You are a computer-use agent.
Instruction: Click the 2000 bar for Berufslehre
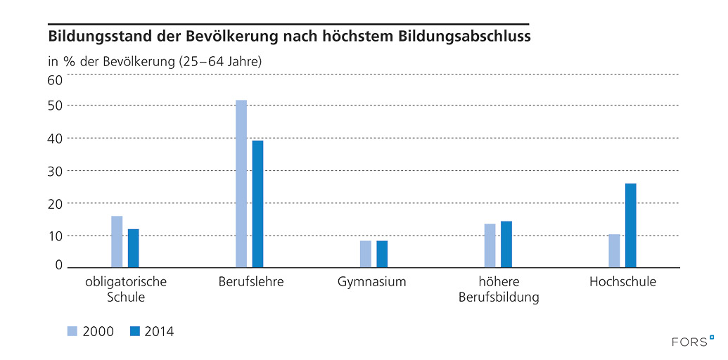[241, 184]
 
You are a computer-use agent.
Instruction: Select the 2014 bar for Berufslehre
[257, 204]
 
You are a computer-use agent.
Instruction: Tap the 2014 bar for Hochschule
[630, 225]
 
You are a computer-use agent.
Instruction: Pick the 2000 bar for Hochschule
[614, 250]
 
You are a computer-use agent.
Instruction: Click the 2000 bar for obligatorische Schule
[117, 241]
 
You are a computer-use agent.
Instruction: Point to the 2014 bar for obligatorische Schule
[133, 247]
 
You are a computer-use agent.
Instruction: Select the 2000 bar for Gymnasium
[366, 254]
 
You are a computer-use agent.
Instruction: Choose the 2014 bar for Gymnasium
[382, 254]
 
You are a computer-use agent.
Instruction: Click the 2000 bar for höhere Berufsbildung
[490, 245]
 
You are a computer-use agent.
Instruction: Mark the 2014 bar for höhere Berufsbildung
[506, 244]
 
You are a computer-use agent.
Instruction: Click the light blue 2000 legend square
[72, 331]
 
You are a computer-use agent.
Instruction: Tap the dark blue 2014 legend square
[134, 331]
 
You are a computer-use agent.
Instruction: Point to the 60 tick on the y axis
[55, 79]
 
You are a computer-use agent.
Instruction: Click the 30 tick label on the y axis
[55, 171]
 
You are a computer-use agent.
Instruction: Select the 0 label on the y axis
[59, 264]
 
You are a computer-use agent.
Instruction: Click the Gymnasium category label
[372, 283]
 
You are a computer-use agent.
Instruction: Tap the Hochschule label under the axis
[622, 283]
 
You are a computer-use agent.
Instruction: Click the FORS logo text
[689, 342]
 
